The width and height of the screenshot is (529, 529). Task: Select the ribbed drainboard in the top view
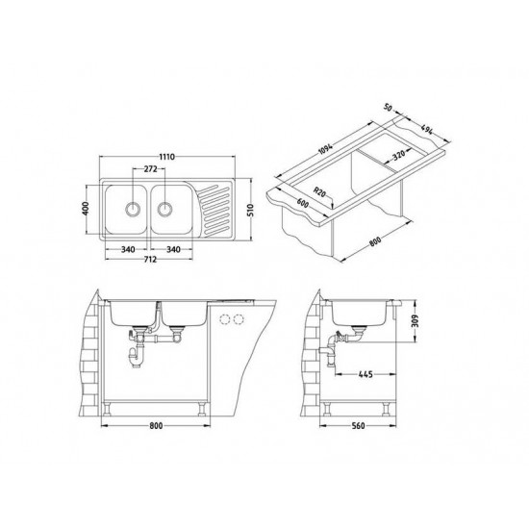(217, 209)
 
